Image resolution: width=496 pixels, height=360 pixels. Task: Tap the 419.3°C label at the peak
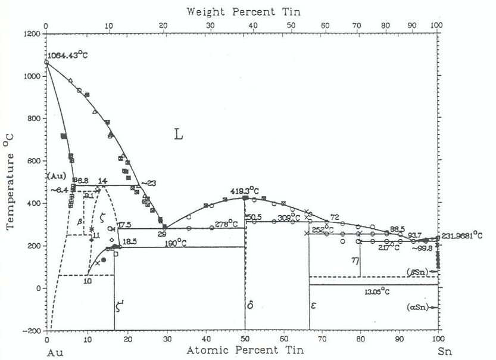[x=245, y=191]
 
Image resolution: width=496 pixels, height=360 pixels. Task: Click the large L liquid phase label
[x=177, y=135]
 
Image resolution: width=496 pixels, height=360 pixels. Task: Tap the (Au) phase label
[x=55, y=177]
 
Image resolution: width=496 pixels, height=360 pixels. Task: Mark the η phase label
[x=355, y=260]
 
